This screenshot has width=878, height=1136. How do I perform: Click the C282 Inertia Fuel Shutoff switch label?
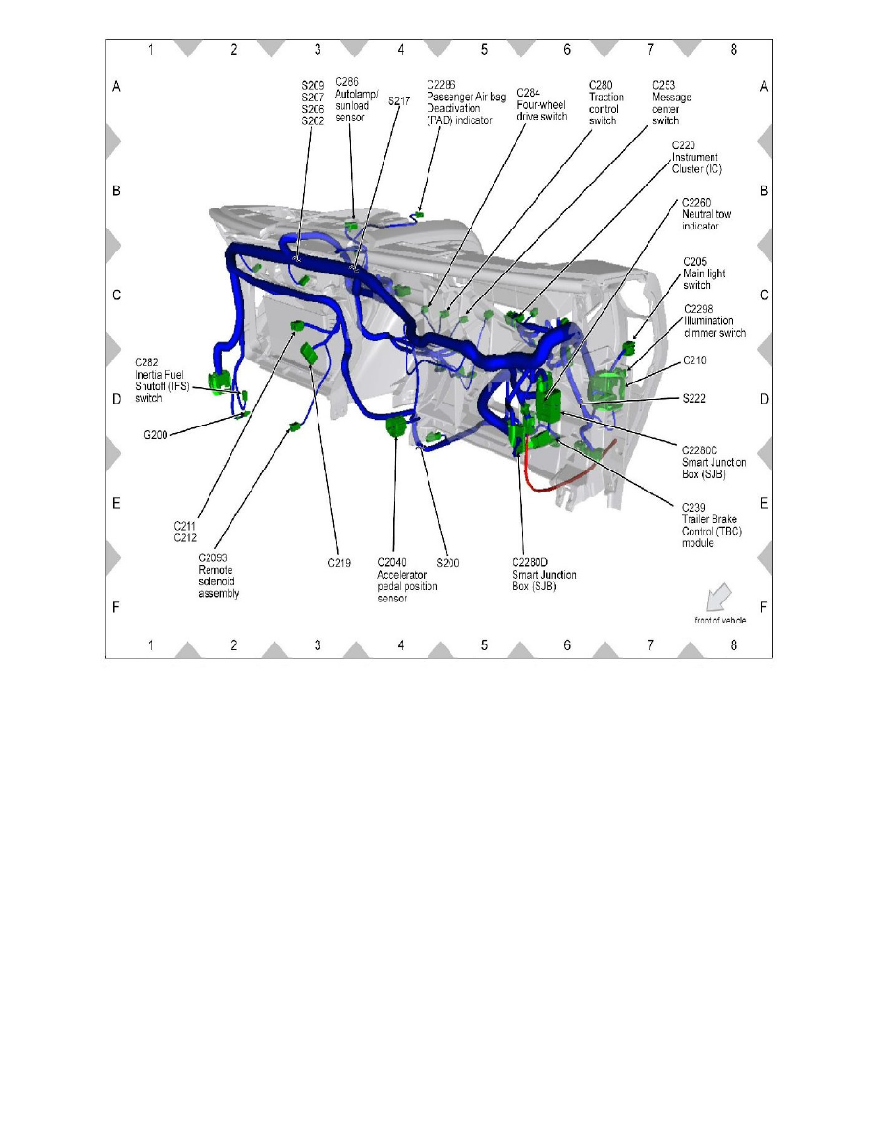tap(166, 381)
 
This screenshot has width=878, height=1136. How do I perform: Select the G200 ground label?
tap(155, 434)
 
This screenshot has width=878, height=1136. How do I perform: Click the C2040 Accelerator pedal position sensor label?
tap(406, 579)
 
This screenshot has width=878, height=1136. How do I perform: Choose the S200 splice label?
tap(448, 563)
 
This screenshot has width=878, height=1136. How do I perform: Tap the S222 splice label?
tap(695, 398)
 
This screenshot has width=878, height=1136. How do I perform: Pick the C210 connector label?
tap(695, 361)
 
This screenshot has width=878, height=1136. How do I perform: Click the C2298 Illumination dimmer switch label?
tap(713, 320)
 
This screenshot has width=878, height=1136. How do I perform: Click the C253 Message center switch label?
tap(671, 102)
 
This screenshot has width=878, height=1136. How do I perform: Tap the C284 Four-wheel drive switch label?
tap(541, 104)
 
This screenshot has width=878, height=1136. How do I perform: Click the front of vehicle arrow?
tap(715, 598)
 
